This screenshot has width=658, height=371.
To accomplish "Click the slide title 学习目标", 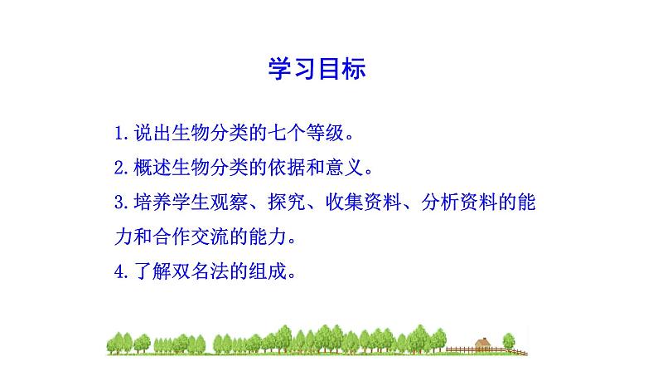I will pyautogui.click(x=317, y=69).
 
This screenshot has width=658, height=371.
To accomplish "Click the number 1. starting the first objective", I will pyautogui.click(x=122, y=132).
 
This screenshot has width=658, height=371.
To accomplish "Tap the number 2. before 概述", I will pyautogui.click(x=122, y=167).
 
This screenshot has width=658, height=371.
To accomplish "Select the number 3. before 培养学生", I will pyautogui.click(x=122, y=202).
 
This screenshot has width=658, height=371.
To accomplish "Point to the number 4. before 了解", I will pyautogui.click(x=122, y=271).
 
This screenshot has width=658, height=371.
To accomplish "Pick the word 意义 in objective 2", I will pyautogui.click(x=344, y=167).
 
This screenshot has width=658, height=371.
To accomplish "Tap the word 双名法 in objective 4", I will pyautogui.click(x=195, y=271).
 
